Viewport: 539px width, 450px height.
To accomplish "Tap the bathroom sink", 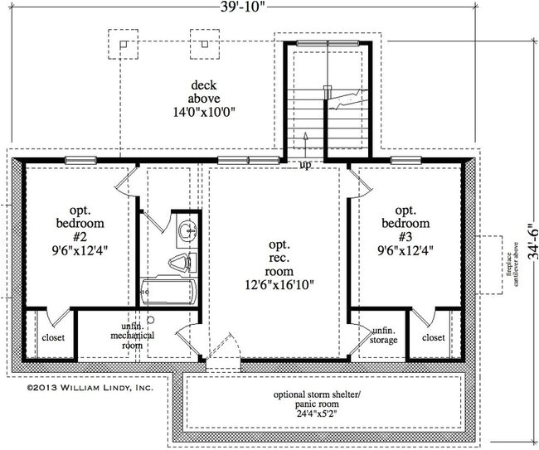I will pos(187,230).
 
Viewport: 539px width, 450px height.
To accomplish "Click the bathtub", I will pos(168,291).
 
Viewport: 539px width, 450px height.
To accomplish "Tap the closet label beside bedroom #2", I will pos(53,338).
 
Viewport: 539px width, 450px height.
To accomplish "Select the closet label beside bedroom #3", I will pos(432,338).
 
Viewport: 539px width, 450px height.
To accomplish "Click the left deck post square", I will pos(122,44).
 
